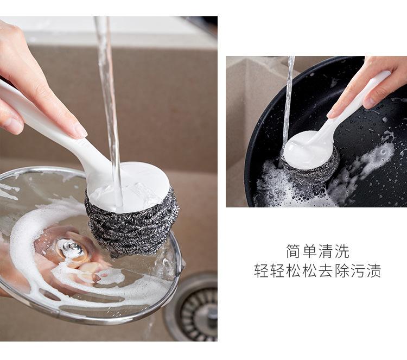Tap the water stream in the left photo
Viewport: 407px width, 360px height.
pyautogui.click(x=109, y=109)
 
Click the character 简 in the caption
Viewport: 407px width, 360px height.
pyautogui.click(x=293, y=251)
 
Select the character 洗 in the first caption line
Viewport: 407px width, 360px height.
pyautogui.click(x=342, y=251)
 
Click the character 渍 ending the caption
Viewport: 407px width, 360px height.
pyautogui.click(x=374, y=270)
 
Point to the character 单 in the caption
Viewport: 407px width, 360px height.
pyautogui.click(x=309, y=251)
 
